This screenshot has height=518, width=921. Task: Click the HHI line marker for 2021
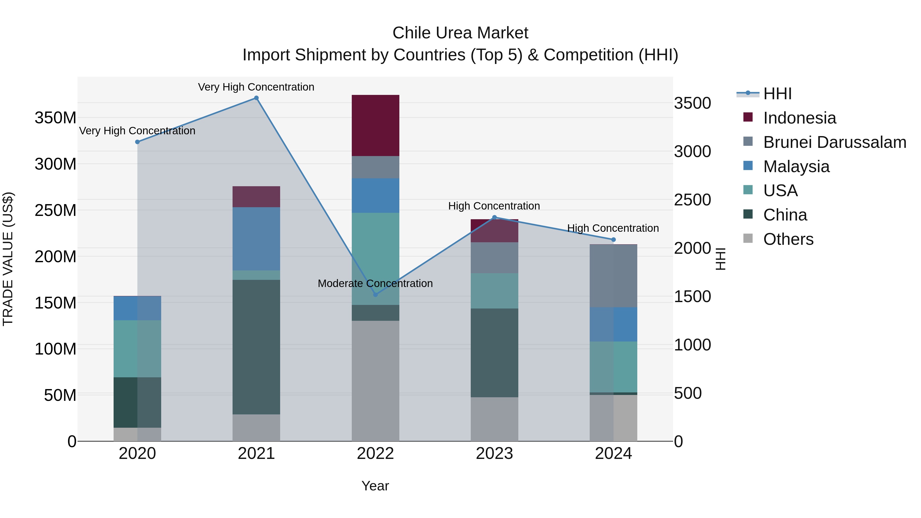(256, 98)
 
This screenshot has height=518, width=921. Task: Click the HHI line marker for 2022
(375, 295)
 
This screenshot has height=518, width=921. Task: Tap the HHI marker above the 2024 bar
(613, 239)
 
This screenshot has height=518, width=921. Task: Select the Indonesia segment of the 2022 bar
(375, 125)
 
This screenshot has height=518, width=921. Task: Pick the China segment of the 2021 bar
(256, 347)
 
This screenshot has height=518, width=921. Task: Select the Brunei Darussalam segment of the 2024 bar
(613, 275)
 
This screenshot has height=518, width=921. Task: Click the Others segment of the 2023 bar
(495, 419)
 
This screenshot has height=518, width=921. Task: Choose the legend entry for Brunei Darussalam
(835, 142)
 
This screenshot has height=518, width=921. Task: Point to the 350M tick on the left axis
(56, 118)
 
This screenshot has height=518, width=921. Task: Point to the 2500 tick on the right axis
(693, 200)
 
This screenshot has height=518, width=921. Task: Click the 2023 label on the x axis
(495, 454)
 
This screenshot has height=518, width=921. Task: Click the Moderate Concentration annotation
(375, 283)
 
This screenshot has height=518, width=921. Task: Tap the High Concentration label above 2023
(494, 206)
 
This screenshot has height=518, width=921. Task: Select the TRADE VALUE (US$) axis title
(8, 259)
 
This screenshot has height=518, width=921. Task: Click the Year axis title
(375, 486)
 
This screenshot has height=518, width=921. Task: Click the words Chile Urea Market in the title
(460, 33)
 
